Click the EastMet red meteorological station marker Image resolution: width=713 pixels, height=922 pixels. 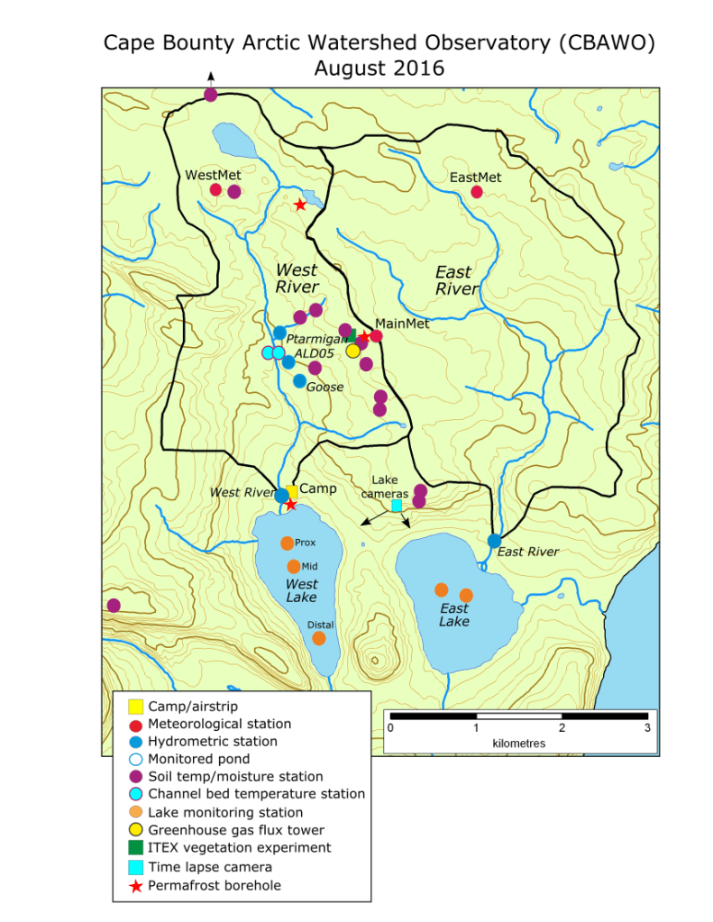[477, 191]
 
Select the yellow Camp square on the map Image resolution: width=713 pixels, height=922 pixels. [291, 491]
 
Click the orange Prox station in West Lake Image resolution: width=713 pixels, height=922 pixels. [287, 543]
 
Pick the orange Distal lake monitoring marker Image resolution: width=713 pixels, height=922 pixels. [318, 638]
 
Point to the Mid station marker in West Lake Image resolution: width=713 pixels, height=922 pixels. [293, 566]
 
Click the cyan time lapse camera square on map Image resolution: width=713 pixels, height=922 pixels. [397, 506]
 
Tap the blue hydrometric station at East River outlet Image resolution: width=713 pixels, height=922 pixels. [494, 540]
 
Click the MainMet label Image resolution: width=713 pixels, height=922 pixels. [402, 323]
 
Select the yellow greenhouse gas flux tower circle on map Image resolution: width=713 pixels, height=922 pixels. [352, 351]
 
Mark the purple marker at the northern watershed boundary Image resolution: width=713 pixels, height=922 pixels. [210, 95]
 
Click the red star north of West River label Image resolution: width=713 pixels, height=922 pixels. [299, 205]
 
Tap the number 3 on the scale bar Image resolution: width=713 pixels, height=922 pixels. [647, 727]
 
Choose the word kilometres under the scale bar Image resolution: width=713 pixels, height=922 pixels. [519, 744]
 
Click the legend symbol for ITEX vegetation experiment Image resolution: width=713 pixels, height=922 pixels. [135, 847]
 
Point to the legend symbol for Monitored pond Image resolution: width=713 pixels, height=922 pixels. [135, 759]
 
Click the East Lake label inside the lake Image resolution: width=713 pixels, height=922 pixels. [454, 615]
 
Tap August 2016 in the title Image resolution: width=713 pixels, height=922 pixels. [379, 68]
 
